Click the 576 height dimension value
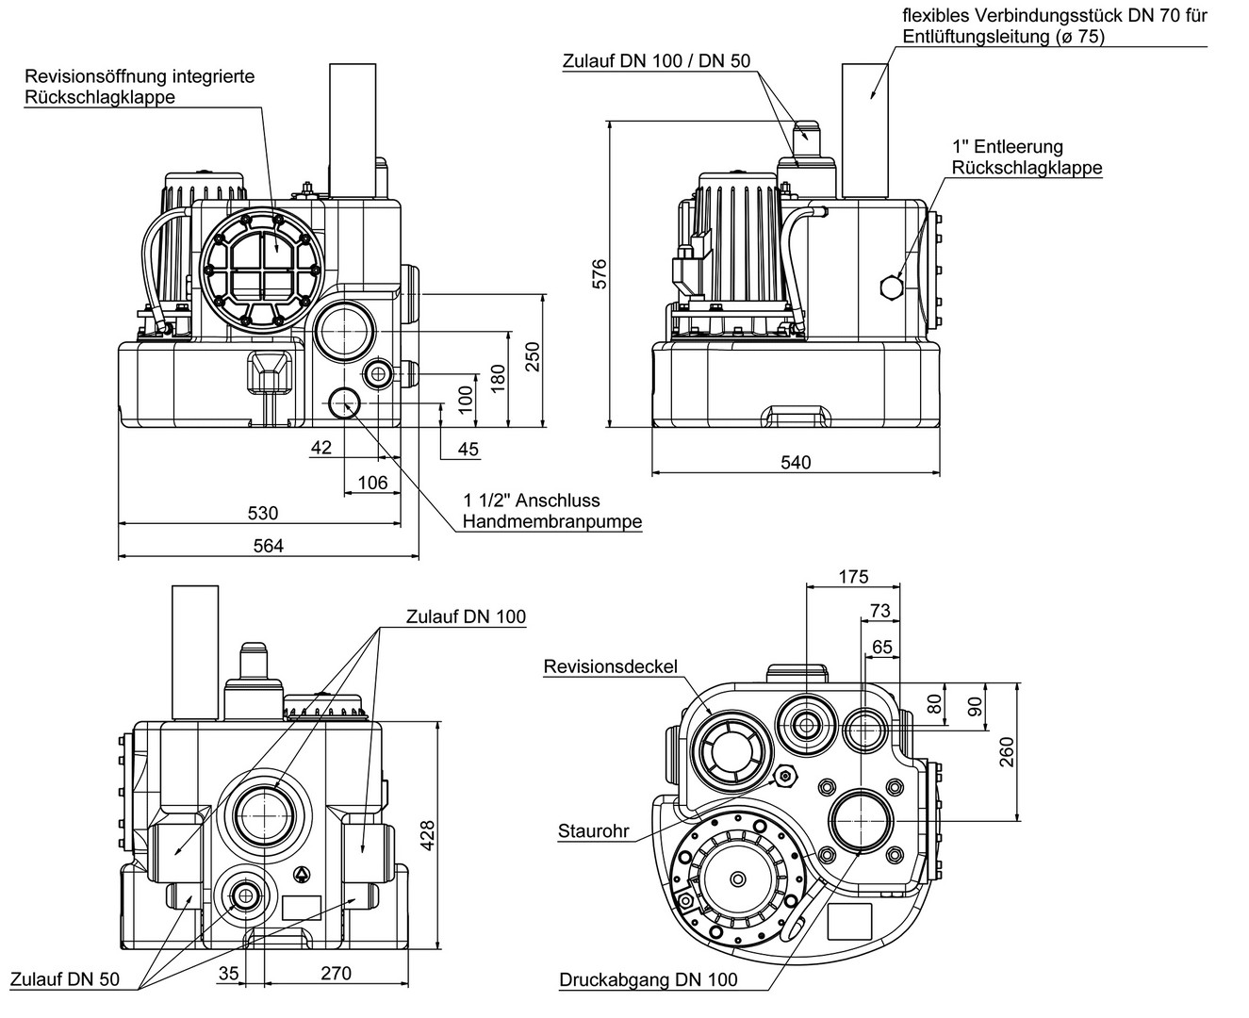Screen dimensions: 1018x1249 [x=600, y=273]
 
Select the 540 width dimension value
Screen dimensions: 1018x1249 [x=796, y=462]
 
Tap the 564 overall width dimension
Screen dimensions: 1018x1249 [x=268, y=546]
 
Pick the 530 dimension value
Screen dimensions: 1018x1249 [x=263, y=513]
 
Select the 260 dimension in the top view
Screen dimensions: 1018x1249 [x=1007, y=751]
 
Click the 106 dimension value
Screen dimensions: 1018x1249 [x=372, y=483]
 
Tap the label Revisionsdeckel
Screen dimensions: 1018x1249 [x=610, y=666]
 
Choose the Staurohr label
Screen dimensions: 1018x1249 [x=593, y=831]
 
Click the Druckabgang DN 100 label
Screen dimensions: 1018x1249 [x=648, y=979]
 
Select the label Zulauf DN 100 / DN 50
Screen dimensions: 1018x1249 [x=656, y=61]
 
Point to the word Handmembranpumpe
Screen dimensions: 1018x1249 [x=551, y=521]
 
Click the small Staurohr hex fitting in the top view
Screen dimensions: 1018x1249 [x=783, y=776]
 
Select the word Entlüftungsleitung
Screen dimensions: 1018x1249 [x=983, y=36]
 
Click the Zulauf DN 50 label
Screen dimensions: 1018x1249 [x=66, y=978]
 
